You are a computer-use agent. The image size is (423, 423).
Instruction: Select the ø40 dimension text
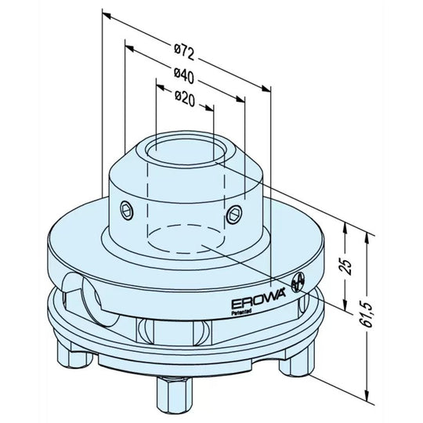point(185,75)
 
